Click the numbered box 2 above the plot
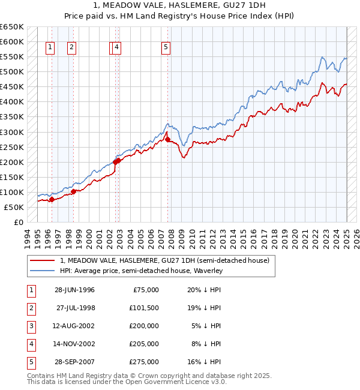pos(71,49)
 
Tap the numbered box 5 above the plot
pos(165,49)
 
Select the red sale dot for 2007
pos(168,139)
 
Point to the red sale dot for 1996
pos(52,200)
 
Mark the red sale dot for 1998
pos(73,191)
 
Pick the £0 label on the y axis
pos(19,222)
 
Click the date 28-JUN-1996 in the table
pos(74,290)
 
